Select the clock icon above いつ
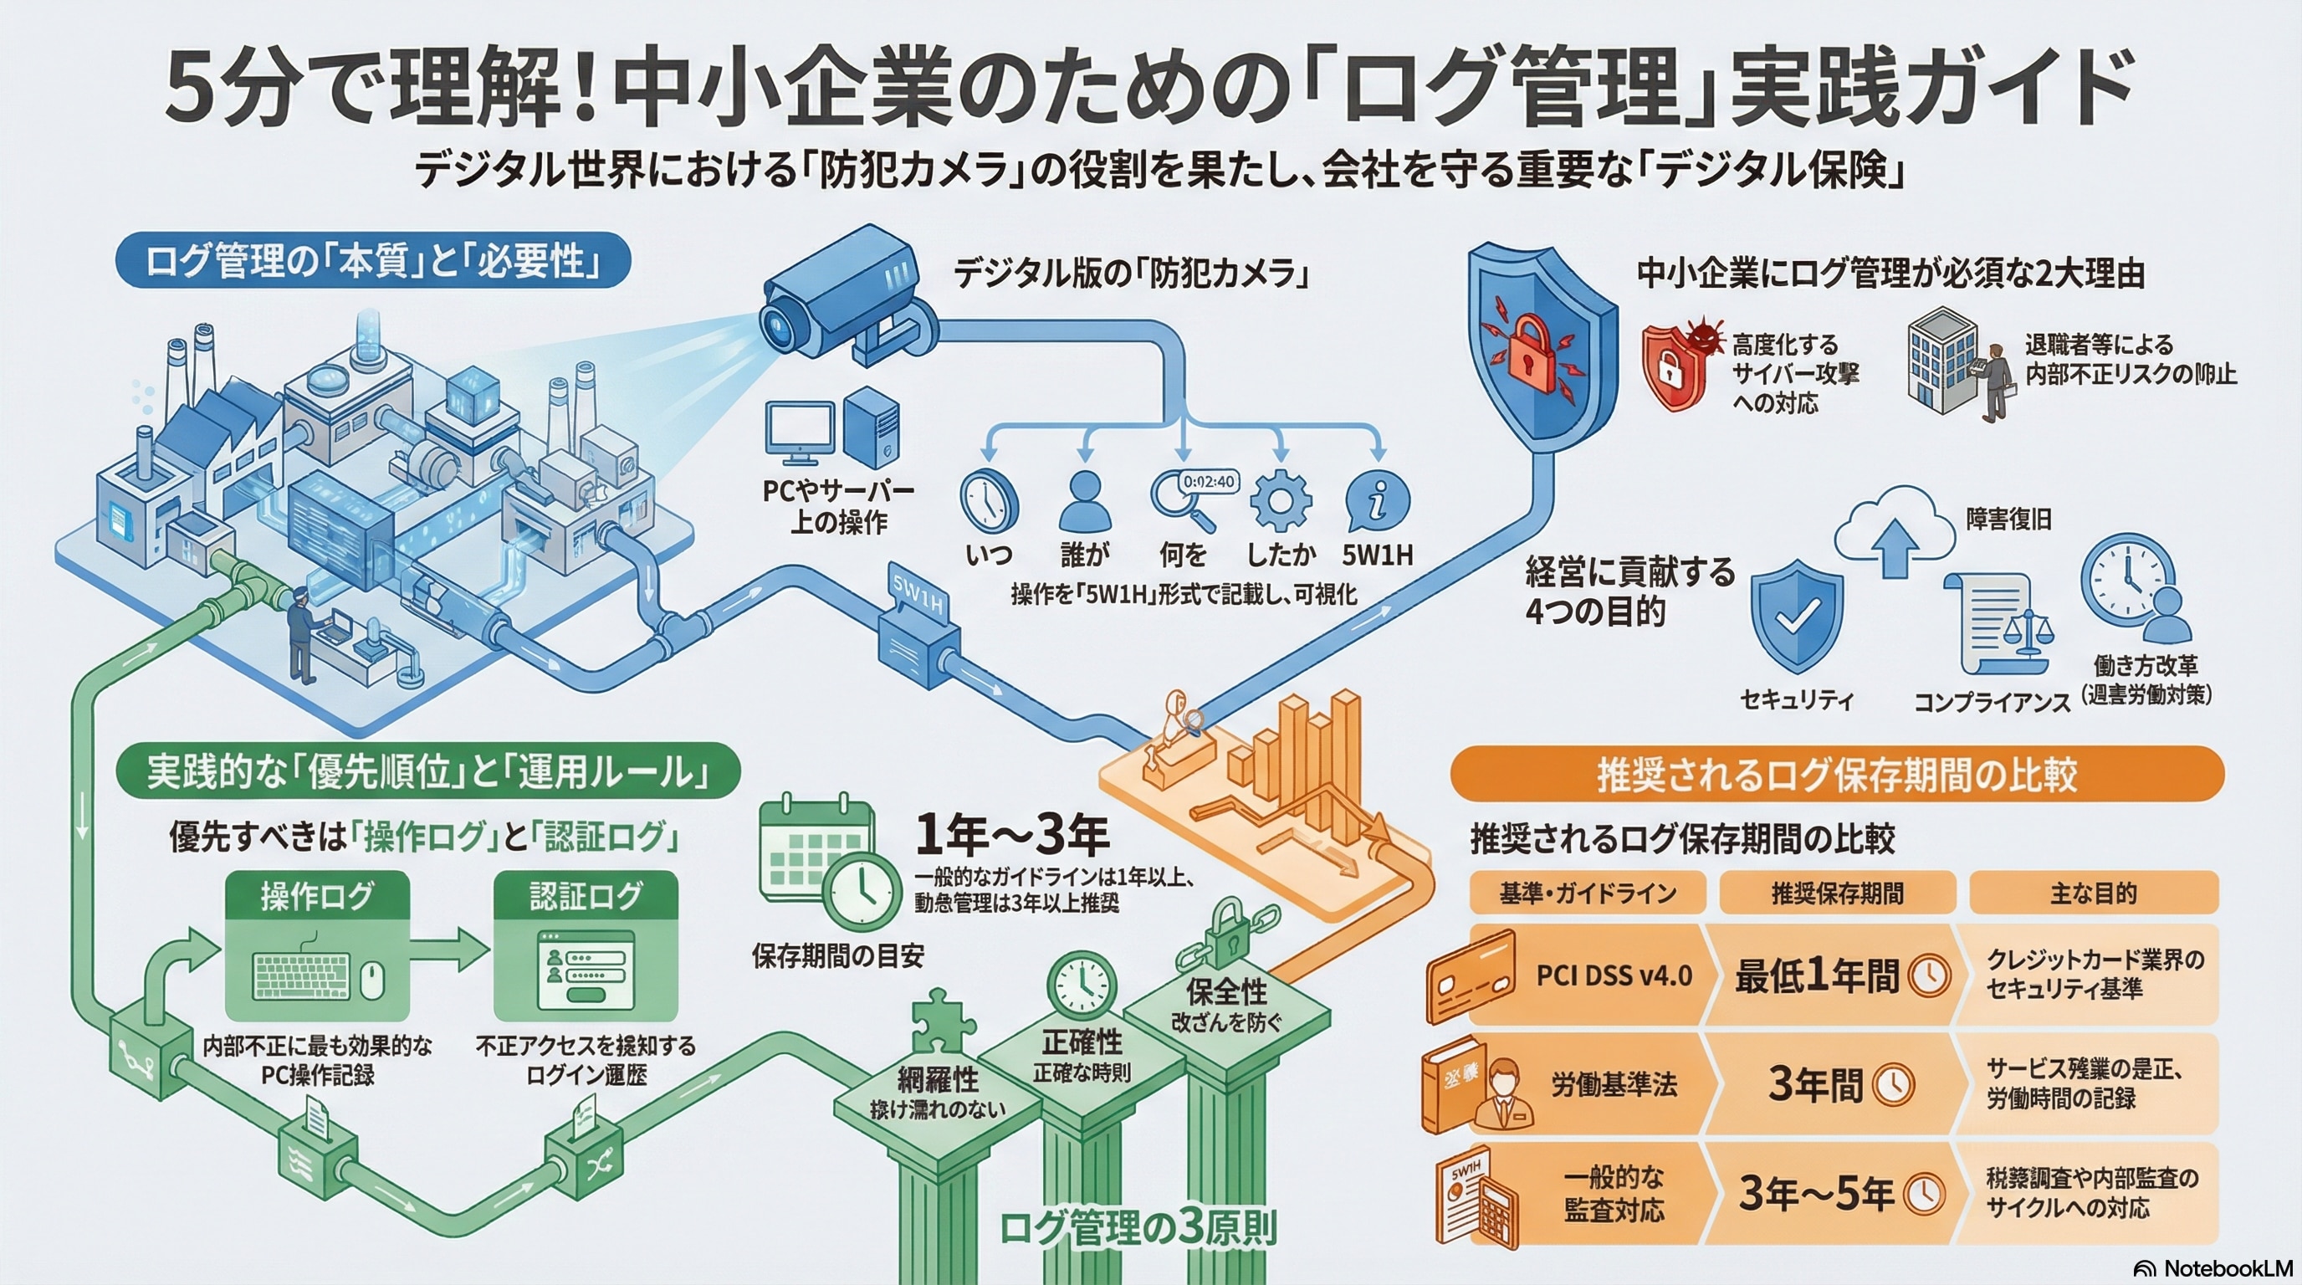(989, 500)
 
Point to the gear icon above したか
(1280, 500)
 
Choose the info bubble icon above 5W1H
(1377, 500)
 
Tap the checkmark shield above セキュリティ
(1796, 617)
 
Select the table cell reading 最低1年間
(1832, 975)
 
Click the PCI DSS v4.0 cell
(1613, 975)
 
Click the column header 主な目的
(2092, 893)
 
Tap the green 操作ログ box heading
(317, 895)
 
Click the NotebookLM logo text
(2228, 1269)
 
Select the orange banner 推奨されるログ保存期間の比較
(1836, 774)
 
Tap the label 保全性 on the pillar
(1226, 992)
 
